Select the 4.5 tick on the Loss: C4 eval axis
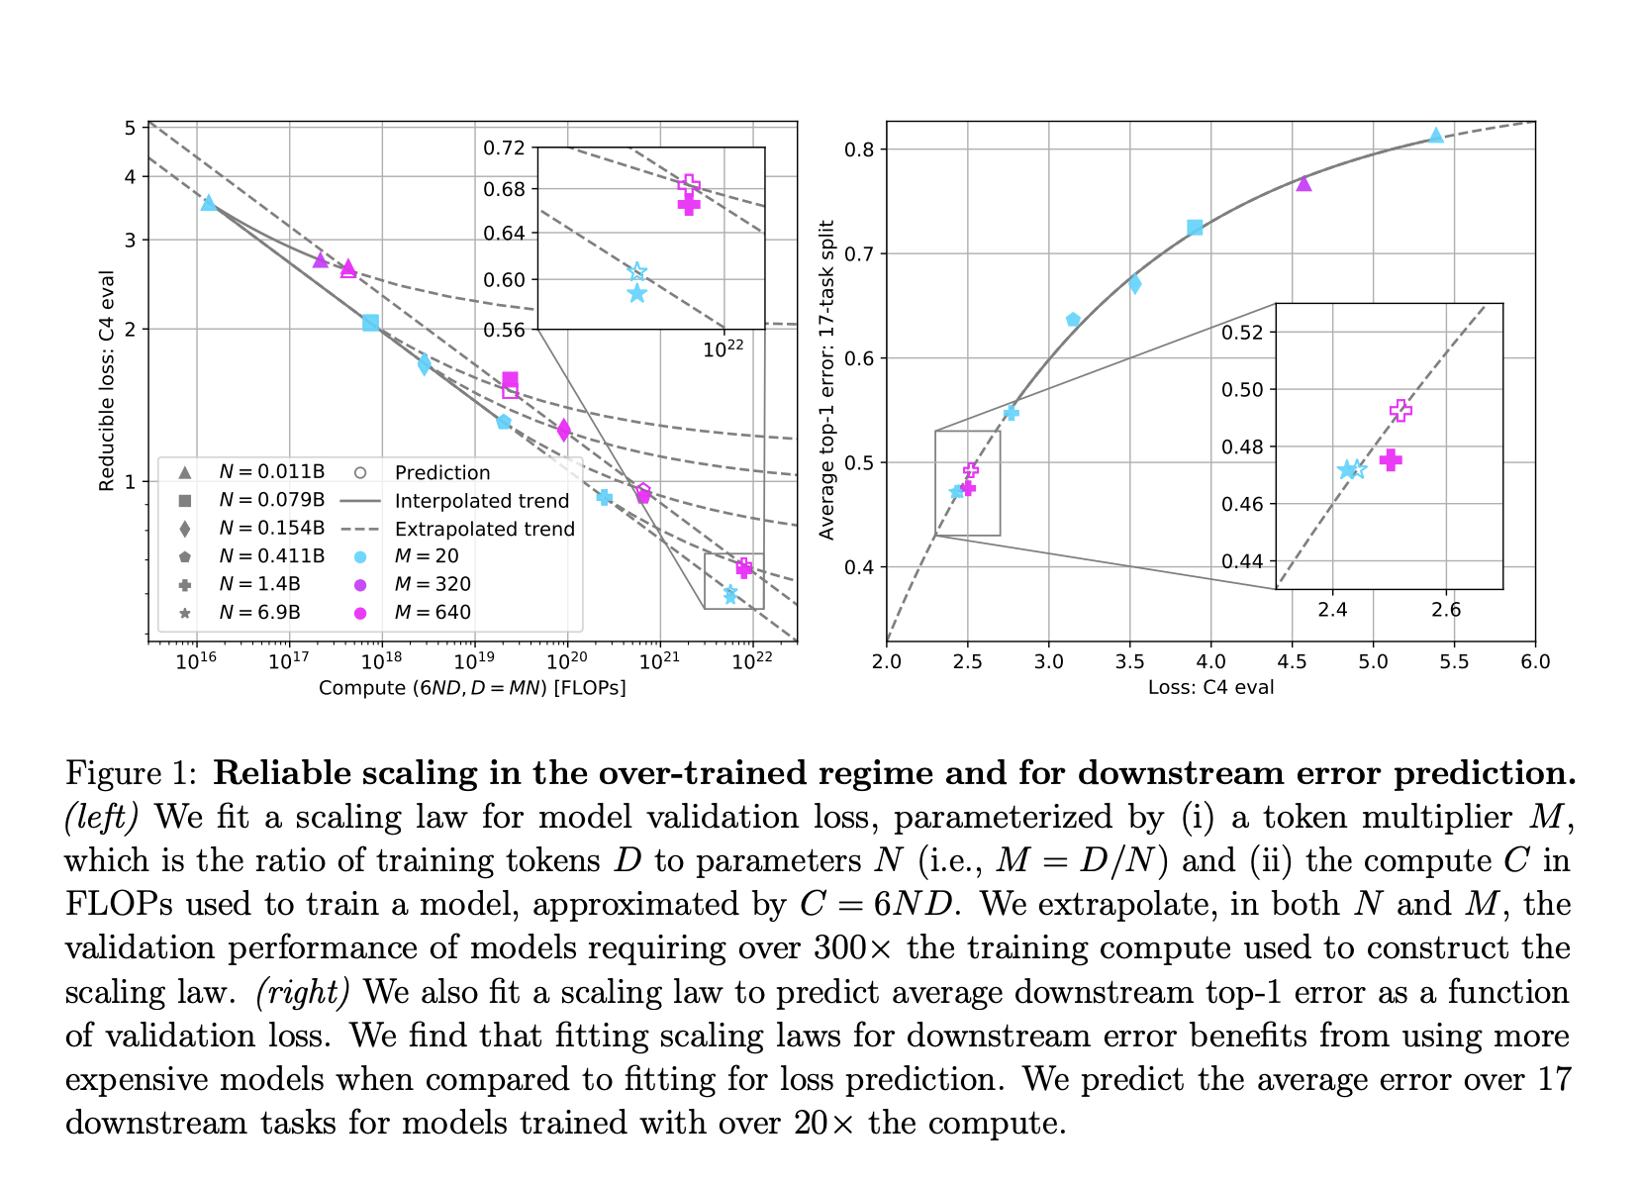[1292, 661]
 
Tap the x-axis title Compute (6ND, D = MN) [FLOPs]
[472, 687]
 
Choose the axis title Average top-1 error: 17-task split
[827, 380]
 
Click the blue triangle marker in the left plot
[208, 203]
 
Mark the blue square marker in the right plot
[1195, 228]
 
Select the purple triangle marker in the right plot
[1303, 183]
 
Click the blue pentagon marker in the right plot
[1073, 320]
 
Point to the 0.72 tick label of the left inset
[504, 148]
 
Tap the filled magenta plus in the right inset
[1391, 459]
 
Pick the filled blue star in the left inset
[636, 293]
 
